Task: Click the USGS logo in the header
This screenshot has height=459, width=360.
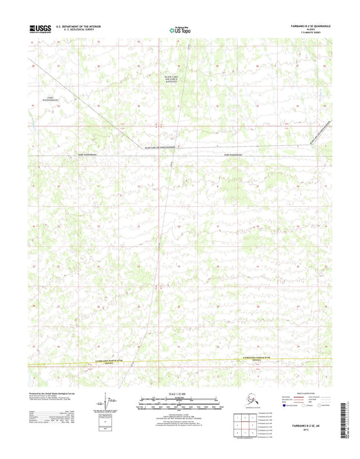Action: [40, 28]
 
